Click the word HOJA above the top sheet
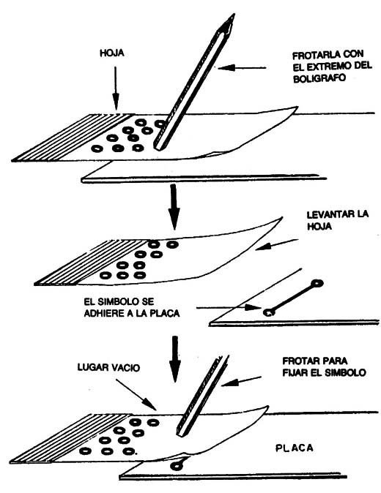[112, 53]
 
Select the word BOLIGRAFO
[319, 78]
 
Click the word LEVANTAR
[328, 215]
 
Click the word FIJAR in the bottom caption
[295, 373]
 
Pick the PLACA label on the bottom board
[295, 448]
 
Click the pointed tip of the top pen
[234, 15]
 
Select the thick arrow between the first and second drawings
[174, 206]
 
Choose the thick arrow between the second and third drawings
[175, 358]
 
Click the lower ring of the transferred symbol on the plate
[269, 312]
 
